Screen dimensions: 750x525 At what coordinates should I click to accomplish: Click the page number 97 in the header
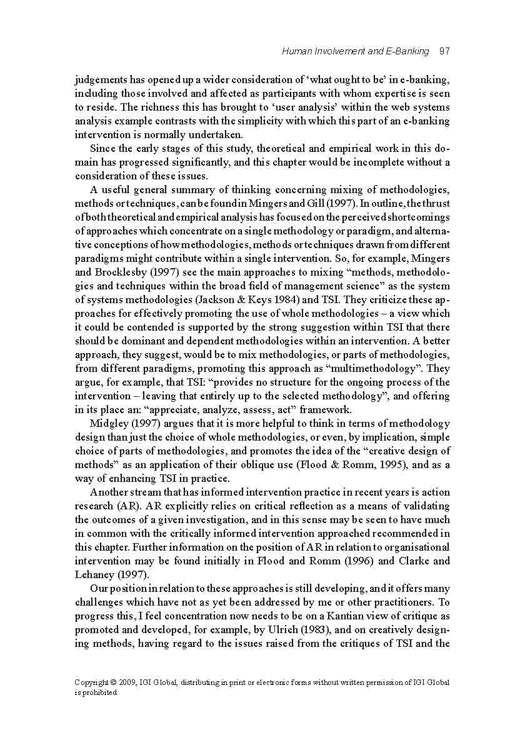[444, 51]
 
